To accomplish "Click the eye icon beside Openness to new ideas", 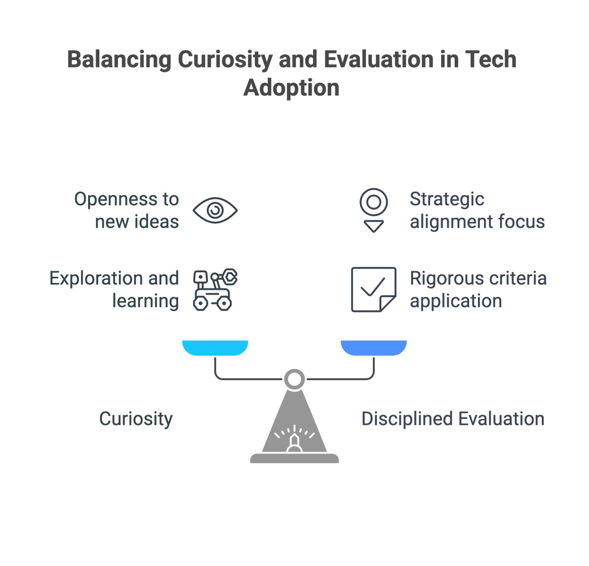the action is coord(215,210).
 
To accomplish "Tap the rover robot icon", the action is coord(215,289).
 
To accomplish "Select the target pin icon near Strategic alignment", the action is coord(374,210).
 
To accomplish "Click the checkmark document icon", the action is coord(374,289).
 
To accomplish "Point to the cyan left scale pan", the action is coord(215,348).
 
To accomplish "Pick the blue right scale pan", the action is coord(374,348).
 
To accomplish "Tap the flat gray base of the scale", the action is coord(294,458).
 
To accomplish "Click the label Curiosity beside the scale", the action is coord(136,419).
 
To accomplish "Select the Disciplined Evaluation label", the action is coord(453,419).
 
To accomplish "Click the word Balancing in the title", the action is coord(119,60).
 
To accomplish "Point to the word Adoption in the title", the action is coord(291,88).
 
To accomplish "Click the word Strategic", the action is coord(447,199).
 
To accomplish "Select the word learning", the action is coord(146,301).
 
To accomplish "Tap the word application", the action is coord(456,301).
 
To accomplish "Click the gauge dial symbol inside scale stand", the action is coord(294,438).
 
